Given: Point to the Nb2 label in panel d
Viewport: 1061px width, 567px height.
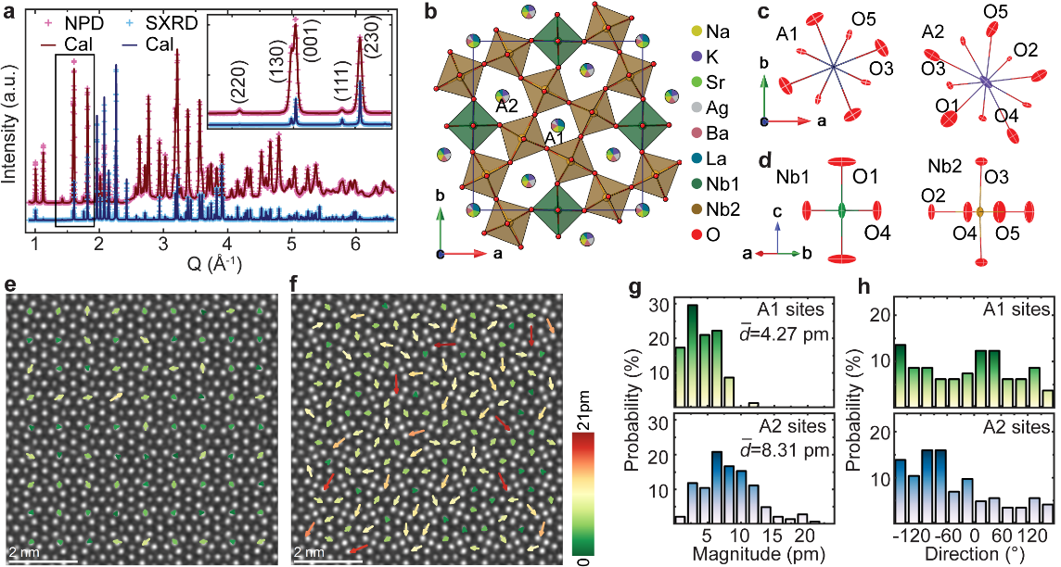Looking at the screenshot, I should coord(939,167).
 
